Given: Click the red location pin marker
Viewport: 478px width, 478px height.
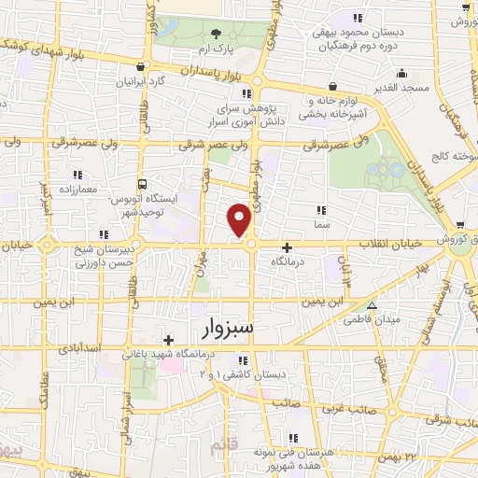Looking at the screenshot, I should (240, 220).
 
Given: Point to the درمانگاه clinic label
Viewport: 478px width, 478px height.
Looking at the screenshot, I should (288, 263).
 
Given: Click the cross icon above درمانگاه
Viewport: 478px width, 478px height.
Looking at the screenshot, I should (287, 248).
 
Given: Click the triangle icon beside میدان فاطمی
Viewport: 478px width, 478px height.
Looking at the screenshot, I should (372, 304).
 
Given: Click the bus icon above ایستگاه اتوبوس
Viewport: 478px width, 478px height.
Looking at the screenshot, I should (142, 183).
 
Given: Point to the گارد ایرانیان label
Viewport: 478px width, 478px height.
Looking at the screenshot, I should (140, 81).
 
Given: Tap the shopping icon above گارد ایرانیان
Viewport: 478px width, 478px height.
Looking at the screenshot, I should (140, 67).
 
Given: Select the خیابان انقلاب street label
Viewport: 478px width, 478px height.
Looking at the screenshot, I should (388, 242).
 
